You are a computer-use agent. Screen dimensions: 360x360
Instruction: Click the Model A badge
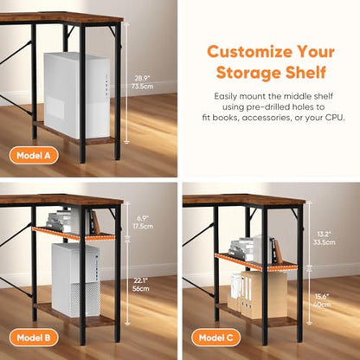coord(34,156)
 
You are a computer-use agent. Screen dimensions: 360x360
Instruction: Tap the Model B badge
coord(34,337)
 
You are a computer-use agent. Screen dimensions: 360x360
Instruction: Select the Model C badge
coord(215,337)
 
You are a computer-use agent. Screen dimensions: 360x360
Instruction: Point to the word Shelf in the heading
coord(305,72)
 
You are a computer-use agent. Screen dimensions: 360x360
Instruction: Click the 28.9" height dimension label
coord(142,78)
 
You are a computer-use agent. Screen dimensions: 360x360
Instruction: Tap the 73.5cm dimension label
coord(142,86)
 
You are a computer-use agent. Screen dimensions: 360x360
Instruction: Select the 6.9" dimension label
coord(143,218)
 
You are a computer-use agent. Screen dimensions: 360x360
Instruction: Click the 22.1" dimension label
coord(141,280)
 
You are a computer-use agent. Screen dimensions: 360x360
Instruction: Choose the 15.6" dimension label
coord(322,296)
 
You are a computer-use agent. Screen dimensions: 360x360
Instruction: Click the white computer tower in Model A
coord(77,95)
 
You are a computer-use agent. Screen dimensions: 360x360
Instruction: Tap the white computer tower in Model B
coord(76,280)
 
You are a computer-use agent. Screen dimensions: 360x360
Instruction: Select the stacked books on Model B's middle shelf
coord(59,222)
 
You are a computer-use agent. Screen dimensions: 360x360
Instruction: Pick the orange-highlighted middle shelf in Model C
coord(256,262)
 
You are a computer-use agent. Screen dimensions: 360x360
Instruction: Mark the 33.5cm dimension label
coord(325,242)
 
